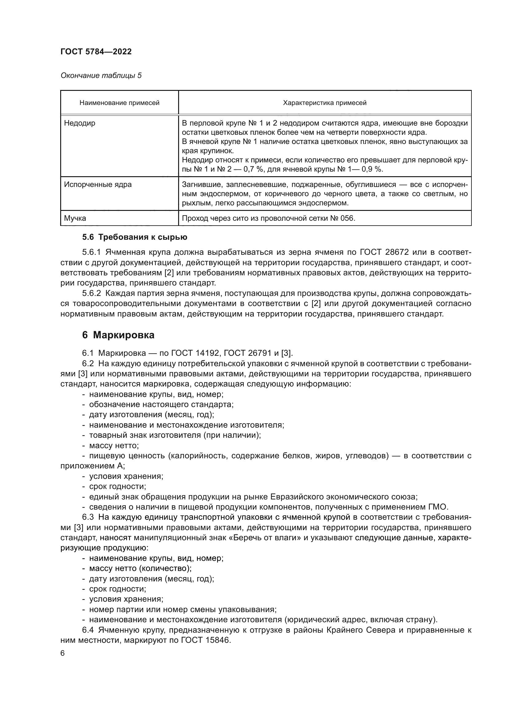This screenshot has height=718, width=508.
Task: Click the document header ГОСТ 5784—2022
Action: click(x=96, y=52)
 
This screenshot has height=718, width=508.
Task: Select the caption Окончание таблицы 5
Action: click(x=101, y=76)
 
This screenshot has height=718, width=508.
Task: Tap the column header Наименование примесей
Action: click(x=119, y=103)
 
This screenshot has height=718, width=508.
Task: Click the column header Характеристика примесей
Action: click(x=325, y=103)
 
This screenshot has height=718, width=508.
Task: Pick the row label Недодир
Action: click(x=80, y=123)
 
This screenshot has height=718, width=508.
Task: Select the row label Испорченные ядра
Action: click(x=98, y=184)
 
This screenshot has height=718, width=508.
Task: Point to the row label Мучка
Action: click(x=75, y=218)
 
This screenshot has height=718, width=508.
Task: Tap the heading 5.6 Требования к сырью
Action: click(x=135, y=237)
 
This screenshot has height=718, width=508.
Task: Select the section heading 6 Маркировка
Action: click(x=118, y=335)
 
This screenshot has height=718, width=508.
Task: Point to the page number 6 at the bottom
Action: click(x=63, y=653)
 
